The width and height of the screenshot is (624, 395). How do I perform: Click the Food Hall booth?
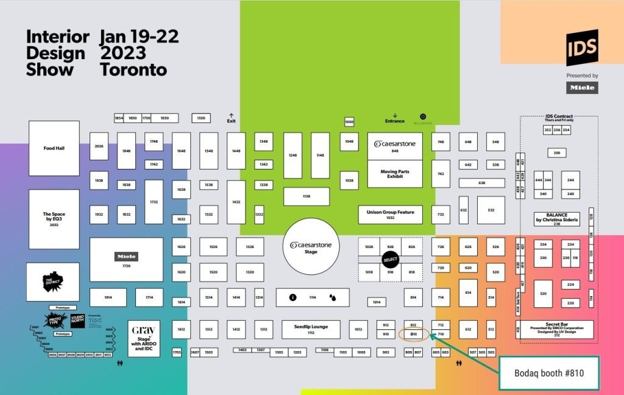(x=54, y=148)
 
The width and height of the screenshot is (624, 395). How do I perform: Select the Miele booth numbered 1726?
(x=126, y=260)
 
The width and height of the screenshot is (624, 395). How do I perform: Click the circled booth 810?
(x=413, y=335)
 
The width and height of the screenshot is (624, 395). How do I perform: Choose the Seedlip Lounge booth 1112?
(x=311, y=329)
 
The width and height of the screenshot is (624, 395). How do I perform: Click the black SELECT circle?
(x=391, y=260)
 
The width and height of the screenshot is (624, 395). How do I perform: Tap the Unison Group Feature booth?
(x=390, y=214)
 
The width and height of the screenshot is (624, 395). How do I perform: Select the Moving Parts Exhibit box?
(x=394, y=174)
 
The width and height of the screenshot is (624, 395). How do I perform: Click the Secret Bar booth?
(x=556, y=329)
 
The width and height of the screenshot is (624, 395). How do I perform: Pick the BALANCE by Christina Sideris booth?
(x=556, y=218)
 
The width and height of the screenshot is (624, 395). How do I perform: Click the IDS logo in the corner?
(x=582, y=47)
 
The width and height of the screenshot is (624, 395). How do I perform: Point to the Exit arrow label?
(x=231, y=118)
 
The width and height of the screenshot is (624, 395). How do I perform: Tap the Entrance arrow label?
(x=395, y=118)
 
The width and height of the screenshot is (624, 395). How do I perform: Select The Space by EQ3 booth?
(x=54, y=219)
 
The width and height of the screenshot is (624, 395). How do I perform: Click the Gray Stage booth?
(x=144, y=338)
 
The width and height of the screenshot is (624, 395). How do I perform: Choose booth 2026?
(x=99, y=146)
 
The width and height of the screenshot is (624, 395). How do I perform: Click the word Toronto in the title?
(x=133, y=70)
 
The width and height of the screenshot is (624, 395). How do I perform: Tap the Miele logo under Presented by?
(x=582, y=88)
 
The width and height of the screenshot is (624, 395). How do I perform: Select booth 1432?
(x=236, y=201)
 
